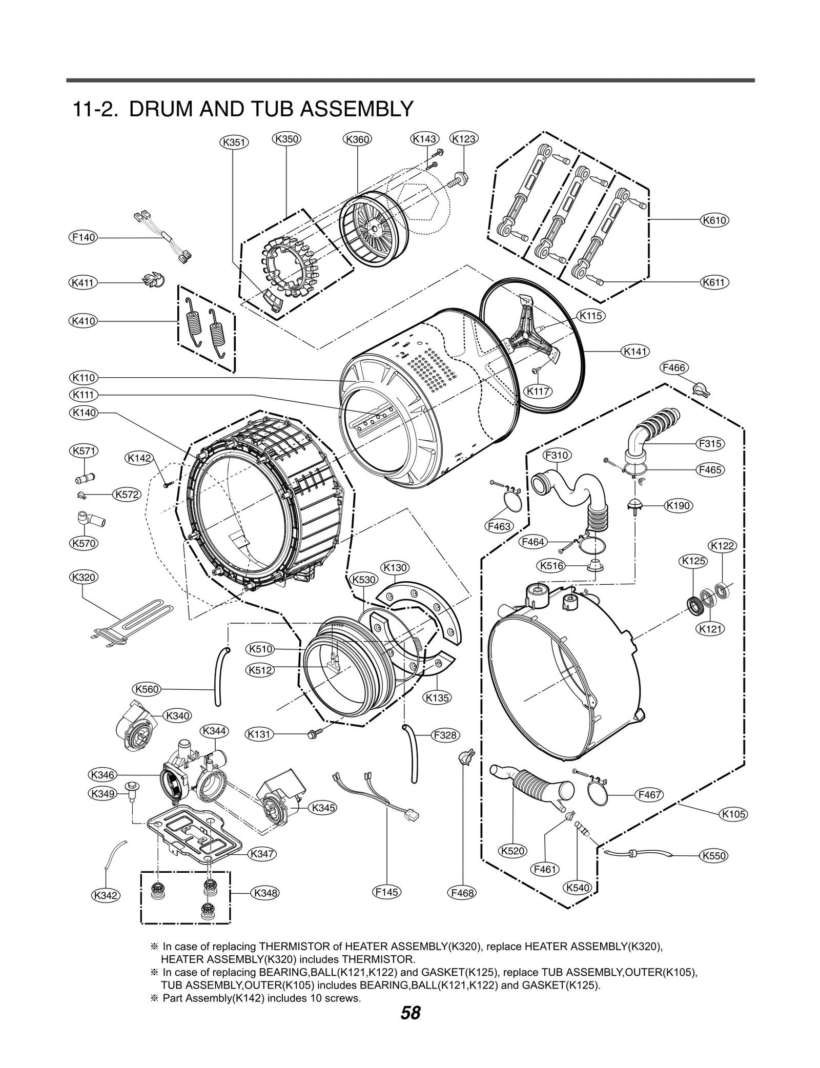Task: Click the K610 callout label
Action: point(714,220)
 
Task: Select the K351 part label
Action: point(234,142)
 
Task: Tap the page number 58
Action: point(411,1027)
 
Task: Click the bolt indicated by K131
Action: point(311,734)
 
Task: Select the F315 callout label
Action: point(710,444)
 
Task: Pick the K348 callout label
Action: point(265,893)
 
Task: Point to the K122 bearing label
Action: point(723,546)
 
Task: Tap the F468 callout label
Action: point(462,893)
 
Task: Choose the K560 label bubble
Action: point(147,689)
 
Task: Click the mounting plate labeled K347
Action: point(195,834)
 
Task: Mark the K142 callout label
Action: point(139,458)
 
